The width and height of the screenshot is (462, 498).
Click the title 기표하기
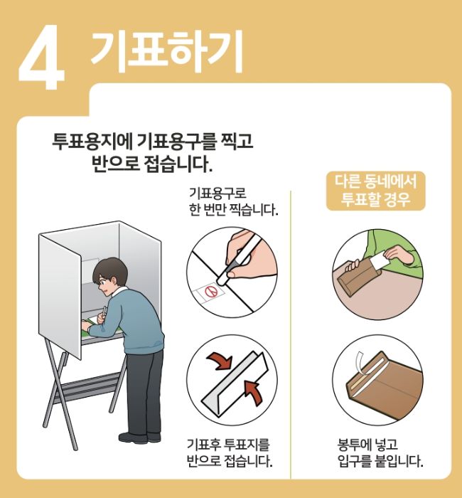click(166, 48)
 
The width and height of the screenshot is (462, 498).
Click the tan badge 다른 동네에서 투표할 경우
click(375, 189)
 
